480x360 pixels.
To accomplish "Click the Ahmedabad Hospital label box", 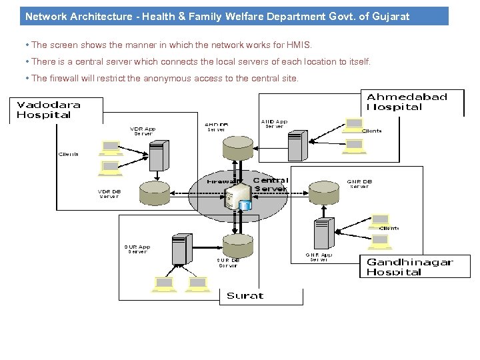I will pos(407,102).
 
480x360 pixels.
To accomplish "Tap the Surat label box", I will pos(245,295).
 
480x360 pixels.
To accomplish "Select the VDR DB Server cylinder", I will pos(148,194).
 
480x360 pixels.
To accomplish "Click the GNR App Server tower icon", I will pos(324,234).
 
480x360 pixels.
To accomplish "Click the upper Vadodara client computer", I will pos(109,147).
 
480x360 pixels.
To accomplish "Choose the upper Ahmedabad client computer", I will pos(354,125).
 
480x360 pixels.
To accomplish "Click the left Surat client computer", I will pos(164,285).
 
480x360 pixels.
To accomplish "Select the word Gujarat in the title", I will pos(387,16).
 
